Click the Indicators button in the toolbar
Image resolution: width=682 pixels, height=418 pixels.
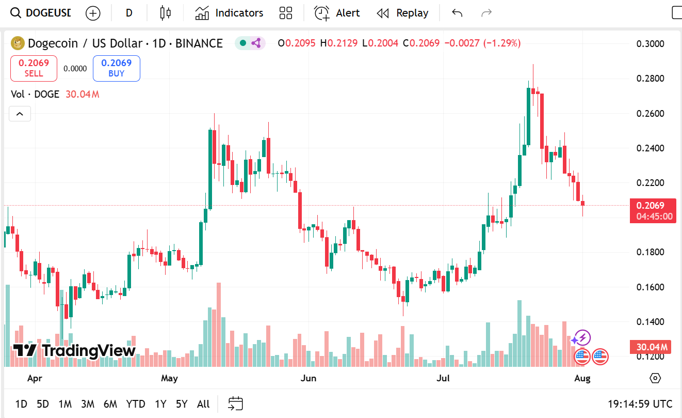click(229, 13)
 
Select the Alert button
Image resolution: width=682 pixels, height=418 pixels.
click(337, 13)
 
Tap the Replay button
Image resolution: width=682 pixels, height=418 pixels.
click(402, 13)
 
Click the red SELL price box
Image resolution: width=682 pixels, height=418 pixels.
click(34, 68)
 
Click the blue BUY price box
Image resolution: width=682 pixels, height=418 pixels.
click(116, 68)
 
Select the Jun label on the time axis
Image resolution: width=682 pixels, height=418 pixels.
click(308, 378)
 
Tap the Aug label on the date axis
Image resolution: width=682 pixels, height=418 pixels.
click(582, 378)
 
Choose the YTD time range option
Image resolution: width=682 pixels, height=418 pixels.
click(136, 404)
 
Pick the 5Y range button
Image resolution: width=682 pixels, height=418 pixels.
click(181, 404)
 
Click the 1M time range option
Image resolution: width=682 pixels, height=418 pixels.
click(65, 404)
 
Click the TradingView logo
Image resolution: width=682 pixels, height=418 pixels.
click(74, 350)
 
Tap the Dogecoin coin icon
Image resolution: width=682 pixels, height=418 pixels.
click(18, 43)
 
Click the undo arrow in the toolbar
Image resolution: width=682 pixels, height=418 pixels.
click(457, 13)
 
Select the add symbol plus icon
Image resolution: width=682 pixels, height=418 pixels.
click(93, 13)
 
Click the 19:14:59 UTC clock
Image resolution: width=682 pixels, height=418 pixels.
click(640, 404)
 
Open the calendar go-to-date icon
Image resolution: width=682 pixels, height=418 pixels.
click(235, 404)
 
